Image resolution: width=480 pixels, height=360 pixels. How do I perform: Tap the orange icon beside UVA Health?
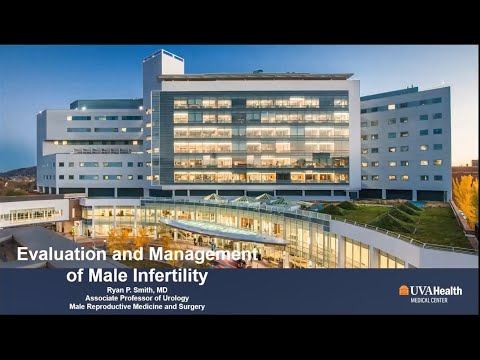pyautogui.click(x=404, y=290)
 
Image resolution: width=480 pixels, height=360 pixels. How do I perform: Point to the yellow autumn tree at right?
pyautogui.click(x=465, y=195)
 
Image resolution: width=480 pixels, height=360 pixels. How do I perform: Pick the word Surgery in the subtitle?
pyautogui.click(x=188, y=307)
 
